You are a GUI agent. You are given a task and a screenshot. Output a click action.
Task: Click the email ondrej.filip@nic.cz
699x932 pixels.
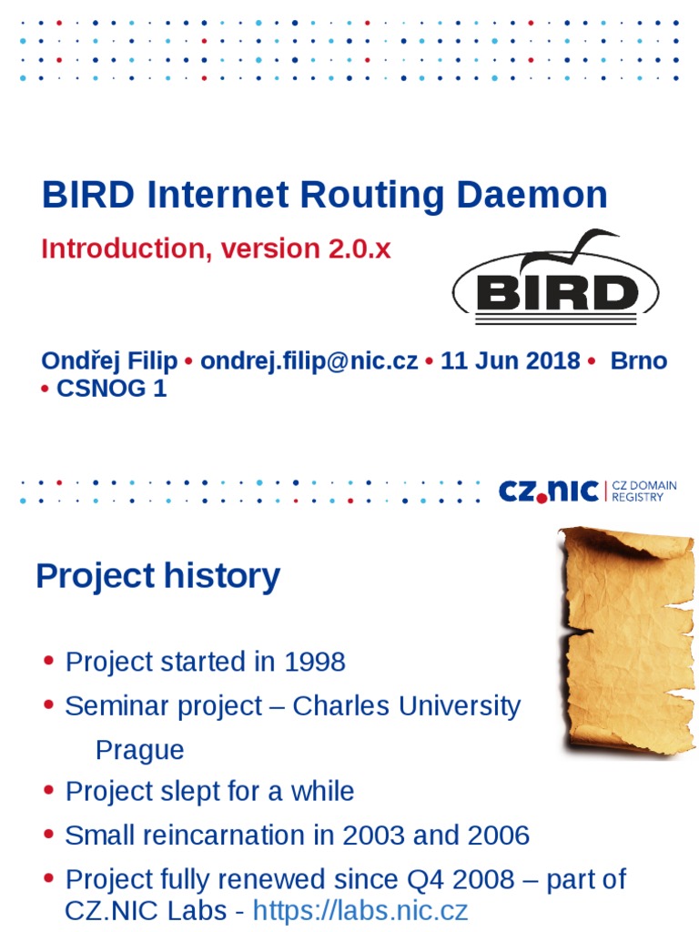[x=309, y=360]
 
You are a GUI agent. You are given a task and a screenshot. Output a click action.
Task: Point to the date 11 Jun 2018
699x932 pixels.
[x=510, y=360]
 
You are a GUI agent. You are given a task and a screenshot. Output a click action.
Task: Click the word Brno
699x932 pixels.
[x=638, y=360]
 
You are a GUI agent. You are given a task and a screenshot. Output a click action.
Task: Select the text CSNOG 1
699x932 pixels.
[x=112, y=389]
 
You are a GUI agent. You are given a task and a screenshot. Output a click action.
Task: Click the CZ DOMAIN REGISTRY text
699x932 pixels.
[x=644, y=491]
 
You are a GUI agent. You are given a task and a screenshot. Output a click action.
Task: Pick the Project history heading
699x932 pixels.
[x=157, y=576]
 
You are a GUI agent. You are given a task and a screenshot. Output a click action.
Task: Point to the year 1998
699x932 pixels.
[x=315, y=662]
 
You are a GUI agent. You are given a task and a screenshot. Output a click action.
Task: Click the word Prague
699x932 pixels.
[x=139, y=750]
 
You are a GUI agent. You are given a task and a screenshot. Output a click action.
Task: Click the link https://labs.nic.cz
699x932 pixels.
[x=360, y=910]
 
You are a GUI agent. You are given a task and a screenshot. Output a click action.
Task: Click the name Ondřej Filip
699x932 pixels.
[x=109, y=360]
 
